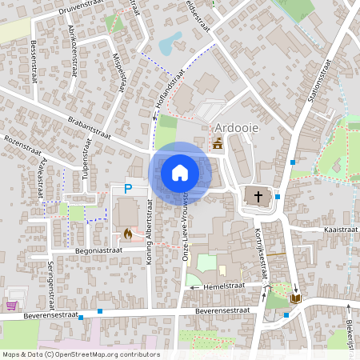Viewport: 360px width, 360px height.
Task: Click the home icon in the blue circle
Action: (180, 172)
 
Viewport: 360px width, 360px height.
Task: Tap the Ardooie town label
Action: (238, 128)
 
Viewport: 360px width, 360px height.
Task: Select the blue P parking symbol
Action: (127, 189)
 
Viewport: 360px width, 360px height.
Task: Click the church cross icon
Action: (258, 195)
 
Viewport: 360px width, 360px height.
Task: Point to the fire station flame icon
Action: (127, 234)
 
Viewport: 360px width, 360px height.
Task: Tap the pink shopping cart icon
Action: (11, 305)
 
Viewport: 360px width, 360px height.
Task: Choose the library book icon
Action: (296, 298)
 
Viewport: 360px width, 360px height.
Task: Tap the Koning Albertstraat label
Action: (150, 245)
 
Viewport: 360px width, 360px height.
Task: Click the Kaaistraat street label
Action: (341, 229)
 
